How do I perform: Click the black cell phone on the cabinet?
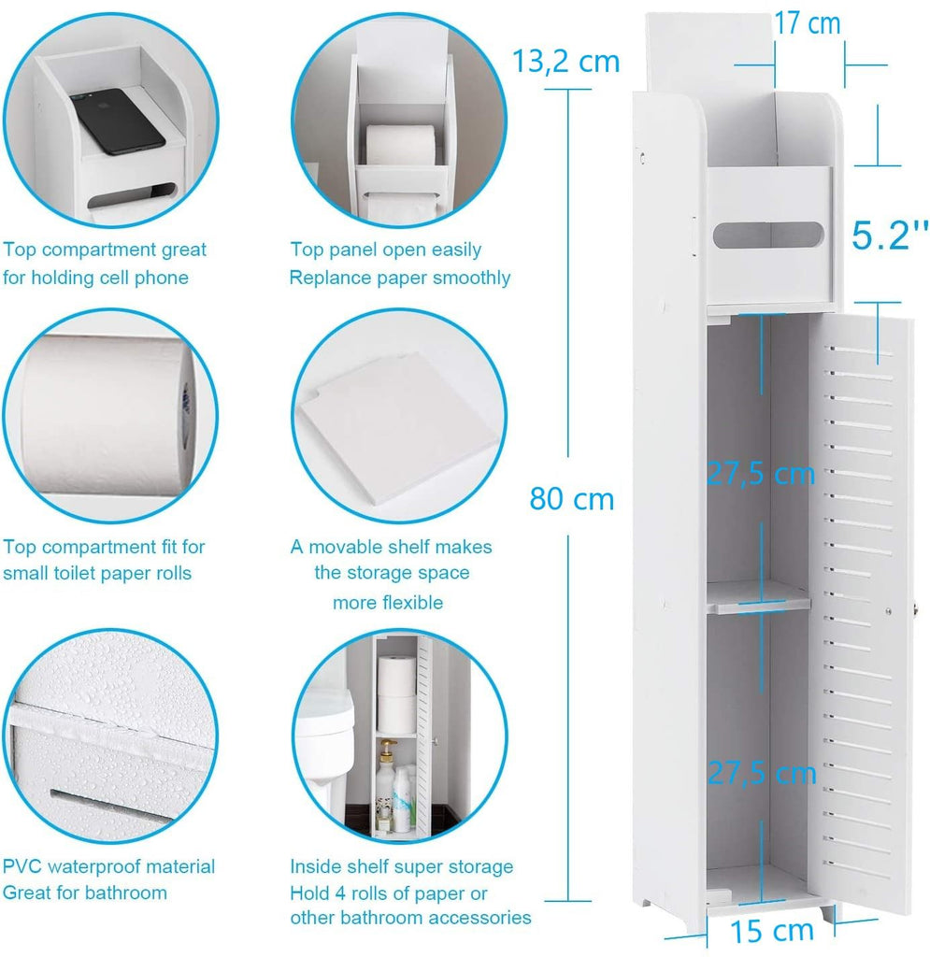(117, 121)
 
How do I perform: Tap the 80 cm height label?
(572, 499)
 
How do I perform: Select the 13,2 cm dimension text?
(565, 61)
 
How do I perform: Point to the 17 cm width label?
(807, 23)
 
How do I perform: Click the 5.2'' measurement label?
(890, 235)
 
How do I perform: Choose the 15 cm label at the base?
(772, 932)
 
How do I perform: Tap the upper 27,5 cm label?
(761, 474)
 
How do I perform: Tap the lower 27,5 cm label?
(762, 773)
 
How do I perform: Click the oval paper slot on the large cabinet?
(768, 235)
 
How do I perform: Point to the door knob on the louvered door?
(913, 610)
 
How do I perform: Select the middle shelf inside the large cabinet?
(759, 597)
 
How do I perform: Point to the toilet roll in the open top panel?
(400, 144)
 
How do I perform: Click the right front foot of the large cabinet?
(827, 914)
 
